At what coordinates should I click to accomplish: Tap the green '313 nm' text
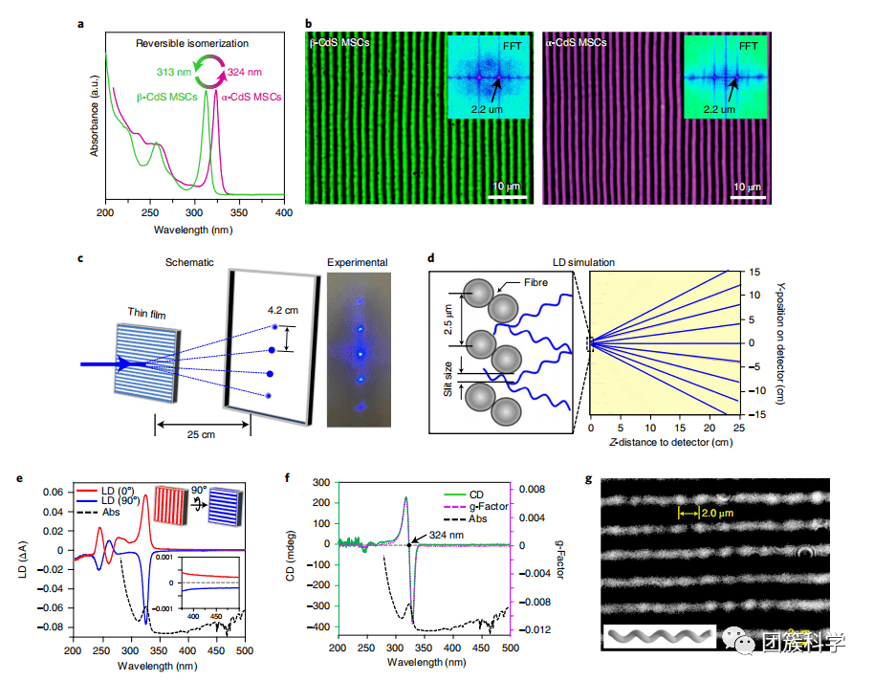coord(175,73)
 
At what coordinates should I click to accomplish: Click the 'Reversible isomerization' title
coord(191,44)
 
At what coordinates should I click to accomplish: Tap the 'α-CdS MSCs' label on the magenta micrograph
coord(579,43)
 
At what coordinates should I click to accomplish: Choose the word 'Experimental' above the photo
coord(358,261)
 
